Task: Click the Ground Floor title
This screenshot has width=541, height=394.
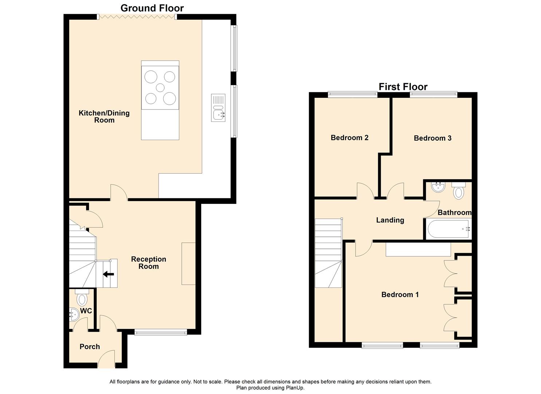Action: tap(152, 8)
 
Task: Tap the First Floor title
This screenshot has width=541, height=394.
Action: tap(403, 86)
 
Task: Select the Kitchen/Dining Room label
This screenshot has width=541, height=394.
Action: tap(104, 117)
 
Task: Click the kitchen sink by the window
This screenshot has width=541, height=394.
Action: tap(218, 108)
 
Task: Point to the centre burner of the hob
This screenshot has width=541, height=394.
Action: tap(160, 88)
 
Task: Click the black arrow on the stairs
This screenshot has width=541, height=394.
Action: tap(109, 274)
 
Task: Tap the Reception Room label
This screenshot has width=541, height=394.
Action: tap(149, 263)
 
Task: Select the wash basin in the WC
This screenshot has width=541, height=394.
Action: tap(74, 315)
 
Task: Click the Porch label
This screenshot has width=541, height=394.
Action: tap(90, 347)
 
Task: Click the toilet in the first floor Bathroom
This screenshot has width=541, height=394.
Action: tap(459, 190)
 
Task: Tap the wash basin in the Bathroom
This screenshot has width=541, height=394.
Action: tap(438, 187)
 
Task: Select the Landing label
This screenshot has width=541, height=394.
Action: tap(390, 220)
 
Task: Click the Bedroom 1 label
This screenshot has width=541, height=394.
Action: tap(400, 295)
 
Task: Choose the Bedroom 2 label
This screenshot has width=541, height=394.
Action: tap(349, 138)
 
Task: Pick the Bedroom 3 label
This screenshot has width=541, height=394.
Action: tap(432, 138)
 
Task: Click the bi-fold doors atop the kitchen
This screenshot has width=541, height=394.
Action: tap(137, 17)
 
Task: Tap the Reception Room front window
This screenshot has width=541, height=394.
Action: tap(161, 332)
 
